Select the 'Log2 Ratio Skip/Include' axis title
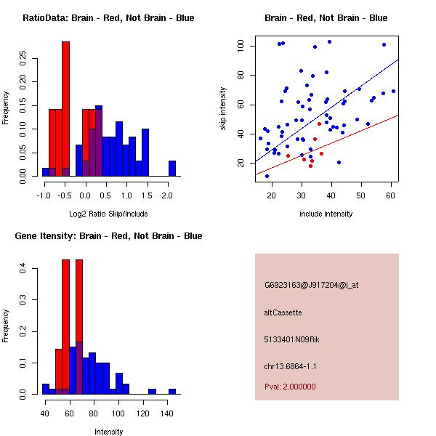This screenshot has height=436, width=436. tap(108, 213)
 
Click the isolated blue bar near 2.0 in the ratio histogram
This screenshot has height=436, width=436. tap(172, 169)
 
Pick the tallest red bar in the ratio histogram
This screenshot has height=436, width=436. tap(65, 109)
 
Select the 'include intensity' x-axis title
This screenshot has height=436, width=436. tap(326, 214)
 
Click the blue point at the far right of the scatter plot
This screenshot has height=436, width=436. tap(393, 92)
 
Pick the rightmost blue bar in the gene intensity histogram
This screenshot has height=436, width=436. tap(172, 391)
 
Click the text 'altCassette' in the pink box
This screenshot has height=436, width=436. tap(283, 312)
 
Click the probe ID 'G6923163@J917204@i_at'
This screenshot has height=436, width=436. tap(311, 285)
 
